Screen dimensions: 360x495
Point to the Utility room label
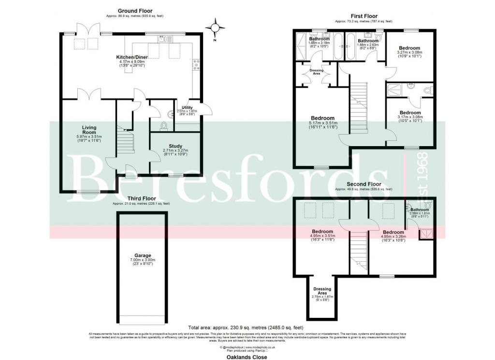[x=187, y=107]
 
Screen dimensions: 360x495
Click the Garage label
[x=143, y=255]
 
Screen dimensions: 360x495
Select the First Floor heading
[x=364, y=16]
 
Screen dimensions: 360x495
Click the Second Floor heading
[x=364, y=184]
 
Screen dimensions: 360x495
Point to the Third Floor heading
[x=142, y=198]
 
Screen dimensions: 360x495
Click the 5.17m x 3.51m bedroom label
[x=322, y=119]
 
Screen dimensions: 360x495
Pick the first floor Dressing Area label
[x=317, y=71]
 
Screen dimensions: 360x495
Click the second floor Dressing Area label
[x=322, y=291]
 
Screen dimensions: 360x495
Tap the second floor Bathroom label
[x=419, y=210]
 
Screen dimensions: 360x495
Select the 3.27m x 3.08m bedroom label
[x=409, y=49]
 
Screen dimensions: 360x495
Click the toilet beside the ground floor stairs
[x=163, y=126]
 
